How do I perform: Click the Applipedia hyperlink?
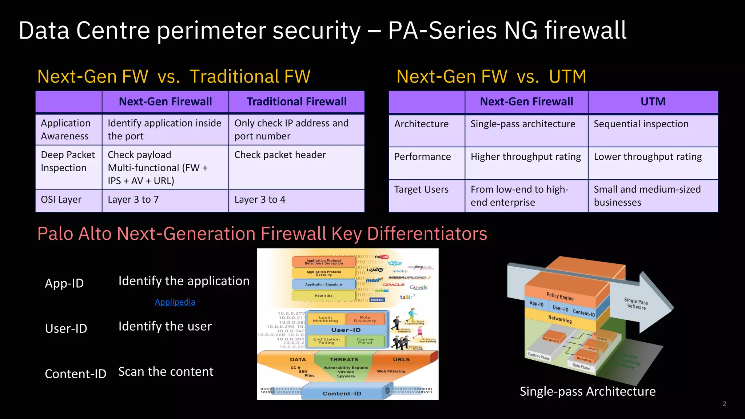[175, 302]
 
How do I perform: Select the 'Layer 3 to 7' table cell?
[133, 200]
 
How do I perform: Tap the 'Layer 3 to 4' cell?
[260, 200]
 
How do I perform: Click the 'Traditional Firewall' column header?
[296, 101]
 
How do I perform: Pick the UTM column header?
[653, 101]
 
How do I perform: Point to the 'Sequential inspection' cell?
[641, 124]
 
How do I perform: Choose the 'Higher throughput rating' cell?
[526, 157]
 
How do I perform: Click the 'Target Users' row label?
[421, 189]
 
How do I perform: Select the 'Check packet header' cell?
[280, 155]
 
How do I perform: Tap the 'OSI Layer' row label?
[61, 200]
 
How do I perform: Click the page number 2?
[724, 404]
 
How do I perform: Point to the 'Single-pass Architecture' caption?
[587, 391]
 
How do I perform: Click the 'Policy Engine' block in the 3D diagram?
[560, 296]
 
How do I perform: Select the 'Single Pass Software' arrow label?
[636, 304]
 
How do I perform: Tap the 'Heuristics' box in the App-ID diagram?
[324, 295]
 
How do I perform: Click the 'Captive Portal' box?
[365, 341]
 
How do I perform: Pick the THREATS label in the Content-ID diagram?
[344, 359]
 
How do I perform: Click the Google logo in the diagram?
[418, 287]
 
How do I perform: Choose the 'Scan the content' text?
[166, 372]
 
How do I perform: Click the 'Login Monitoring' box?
[325, 319]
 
